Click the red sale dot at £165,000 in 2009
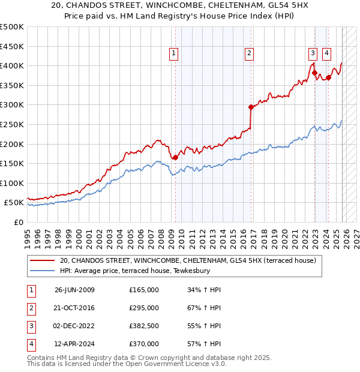pyautogui.click(x=175, y=158)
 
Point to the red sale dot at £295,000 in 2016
pyautogui.click(x=251, y=107)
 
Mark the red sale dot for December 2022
pyautogui.click(x=314, y=73)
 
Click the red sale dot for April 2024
pyautogui.click(x=329, y=77)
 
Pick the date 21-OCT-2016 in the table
pyautogui.click(x=74, y=308)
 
